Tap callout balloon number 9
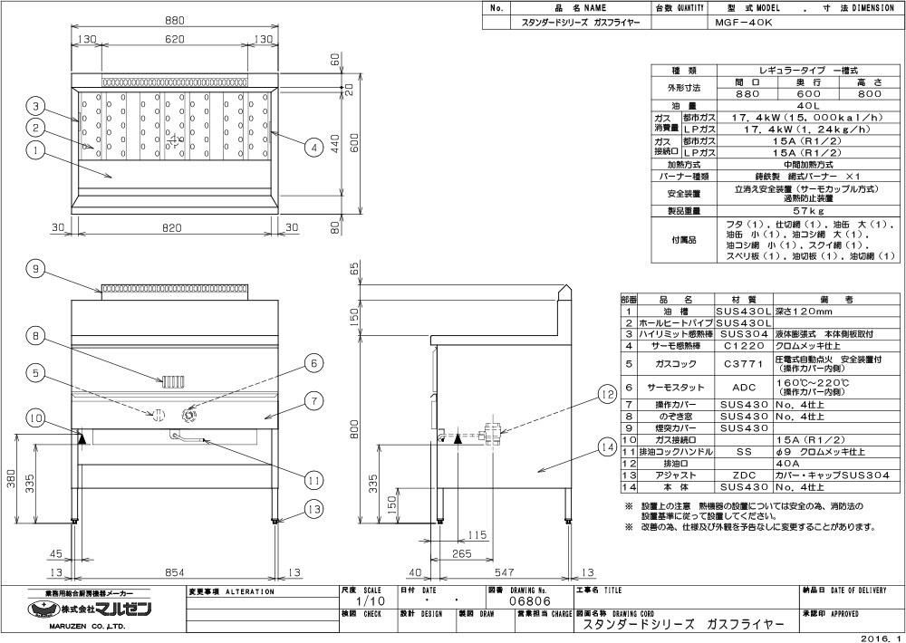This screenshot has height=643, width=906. pos(34,267)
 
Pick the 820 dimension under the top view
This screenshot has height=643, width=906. pos(176,228)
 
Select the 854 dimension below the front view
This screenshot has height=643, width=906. pos(176,572)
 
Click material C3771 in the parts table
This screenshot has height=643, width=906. pos(744,361)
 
